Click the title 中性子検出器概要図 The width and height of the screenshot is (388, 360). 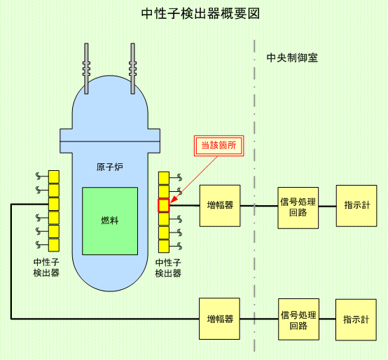[200, 13]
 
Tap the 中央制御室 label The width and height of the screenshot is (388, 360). [292, 57]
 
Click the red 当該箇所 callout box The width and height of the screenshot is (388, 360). [219, 146]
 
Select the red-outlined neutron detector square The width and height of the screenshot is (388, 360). [164, 205]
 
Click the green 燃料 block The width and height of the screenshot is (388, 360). [110, 221]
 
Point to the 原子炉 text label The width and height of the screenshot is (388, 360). [110, 167]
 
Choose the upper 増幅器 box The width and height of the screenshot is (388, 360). [220, 206]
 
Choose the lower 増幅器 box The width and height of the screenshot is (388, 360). [219, 319]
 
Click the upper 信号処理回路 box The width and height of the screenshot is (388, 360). [298, 207]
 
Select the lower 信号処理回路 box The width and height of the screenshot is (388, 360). [298, 319]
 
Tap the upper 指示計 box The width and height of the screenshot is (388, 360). [356, 206]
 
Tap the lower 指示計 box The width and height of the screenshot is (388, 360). [356, 319]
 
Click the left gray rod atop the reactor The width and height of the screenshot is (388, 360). [86, 69]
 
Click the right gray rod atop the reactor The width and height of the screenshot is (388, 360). [133, 69]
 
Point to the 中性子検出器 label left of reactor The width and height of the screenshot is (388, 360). [46, 268]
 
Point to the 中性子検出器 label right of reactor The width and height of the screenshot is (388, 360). [168, 268]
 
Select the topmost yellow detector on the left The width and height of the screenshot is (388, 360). [54, 177]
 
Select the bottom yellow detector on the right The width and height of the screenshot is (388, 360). [164, 246]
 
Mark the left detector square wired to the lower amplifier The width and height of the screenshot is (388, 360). [54, 204]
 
